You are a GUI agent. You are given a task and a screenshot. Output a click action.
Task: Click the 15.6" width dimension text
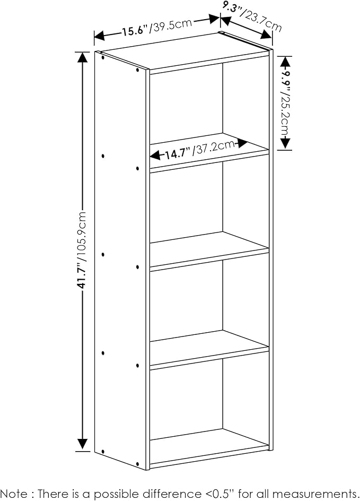pos(135,31)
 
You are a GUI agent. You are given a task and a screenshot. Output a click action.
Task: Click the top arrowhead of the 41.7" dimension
pos(83,57)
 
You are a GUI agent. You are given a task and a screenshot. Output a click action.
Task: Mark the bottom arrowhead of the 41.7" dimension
pos(83,444)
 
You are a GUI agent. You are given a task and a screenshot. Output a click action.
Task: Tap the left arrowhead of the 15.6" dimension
pos(100,36)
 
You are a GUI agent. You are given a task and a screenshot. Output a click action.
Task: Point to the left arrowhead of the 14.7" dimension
pos(155,156)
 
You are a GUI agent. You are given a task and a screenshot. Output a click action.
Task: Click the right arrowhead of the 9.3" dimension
pos(266,34)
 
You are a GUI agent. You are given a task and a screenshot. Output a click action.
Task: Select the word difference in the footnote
pos(170,493)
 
